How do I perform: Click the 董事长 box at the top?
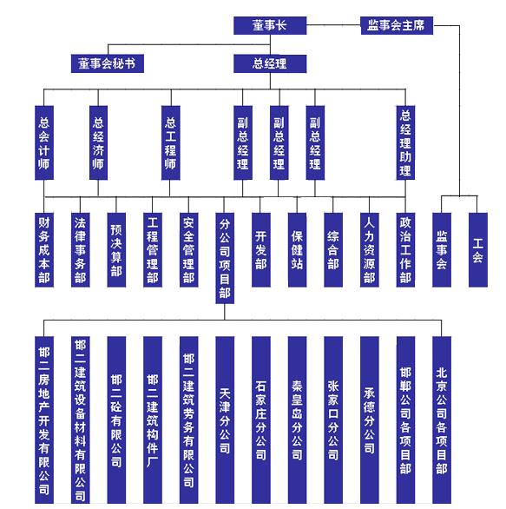tap(270, 25)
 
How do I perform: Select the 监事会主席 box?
tap(397, 25)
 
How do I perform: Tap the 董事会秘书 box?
tap(108, 63)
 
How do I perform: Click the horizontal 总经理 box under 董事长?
tap(270, 63)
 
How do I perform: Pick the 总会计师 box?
tap(44, 142)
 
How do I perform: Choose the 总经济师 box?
tap(98, 142)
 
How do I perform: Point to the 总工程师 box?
tap(171, 142)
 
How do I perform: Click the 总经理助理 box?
tap(405, 142)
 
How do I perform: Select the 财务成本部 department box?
tap(44, 249)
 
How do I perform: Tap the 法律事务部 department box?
tap(80, 249)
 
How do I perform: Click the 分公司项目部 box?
tap(225, 258)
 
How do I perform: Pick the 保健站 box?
tap(297, 249)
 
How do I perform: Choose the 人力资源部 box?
tap(370, 249)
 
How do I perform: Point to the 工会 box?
tap(477, 249)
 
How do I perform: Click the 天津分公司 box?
tap(225, 420)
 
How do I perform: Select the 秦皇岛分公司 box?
tap(297, 420)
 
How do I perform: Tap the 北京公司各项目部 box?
tap(442, 420)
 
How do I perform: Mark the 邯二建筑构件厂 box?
tap(153, 420)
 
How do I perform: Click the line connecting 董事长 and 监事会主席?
tap(333, 25)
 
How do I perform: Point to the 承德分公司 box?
tap(370, 420)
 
